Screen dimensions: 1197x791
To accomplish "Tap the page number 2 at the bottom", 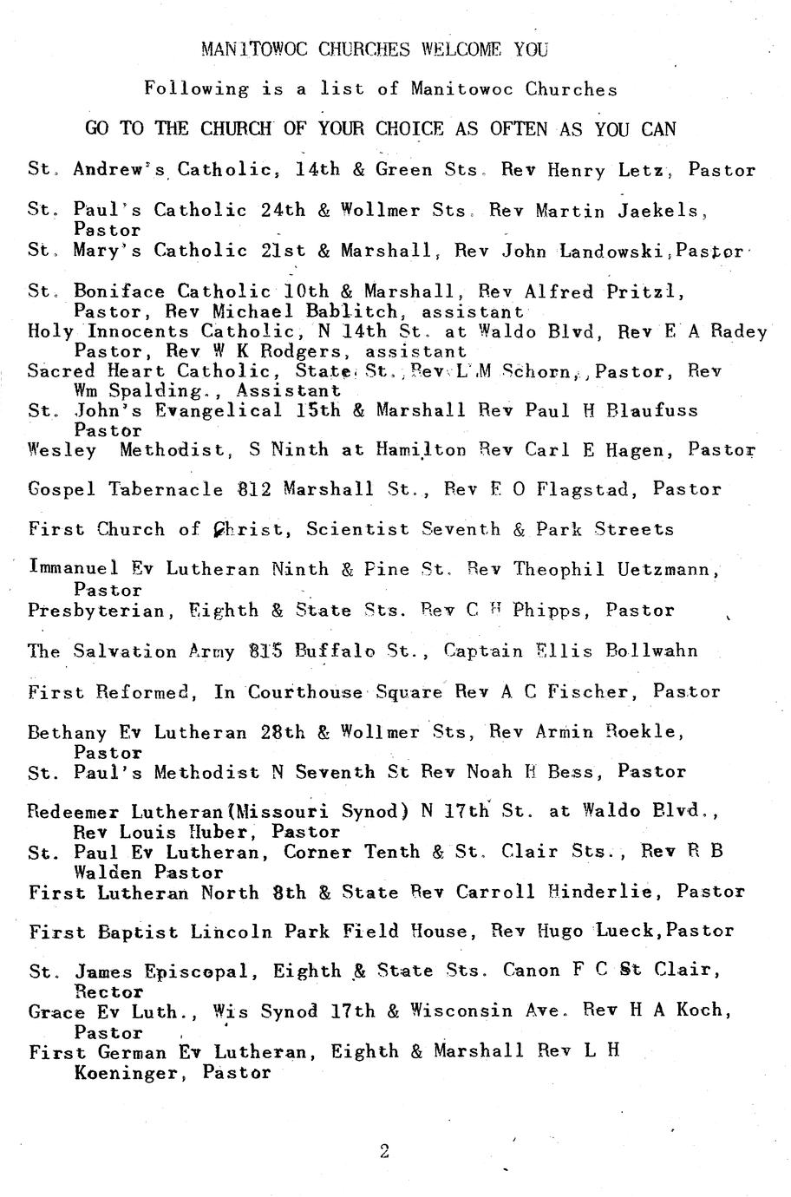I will pyautogui.click(x=384, y=1152).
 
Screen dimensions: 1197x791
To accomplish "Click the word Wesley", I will pyautogui.click(x=62, y=450).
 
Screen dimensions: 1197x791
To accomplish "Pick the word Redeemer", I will pyautogui.click(x=74, y=812).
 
